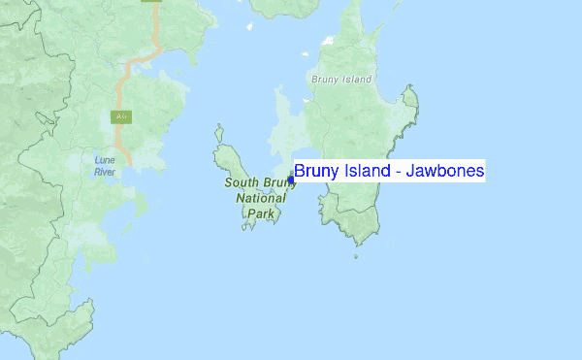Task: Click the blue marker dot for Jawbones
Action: coord(291,180)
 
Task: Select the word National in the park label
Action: coord(260,198)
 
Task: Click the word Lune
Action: coord(105,159)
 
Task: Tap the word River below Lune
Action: coord(105,172)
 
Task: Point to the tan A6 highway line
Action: coord(121,92)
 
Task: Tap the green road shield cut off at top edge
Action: coord(151,2)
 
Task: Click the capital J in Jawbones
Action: coord(410,172)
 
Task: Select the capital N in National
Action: coord(241,198)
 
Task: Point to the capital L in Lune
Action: coord(97,159)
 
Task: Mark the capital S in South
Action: coord(228,182)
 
